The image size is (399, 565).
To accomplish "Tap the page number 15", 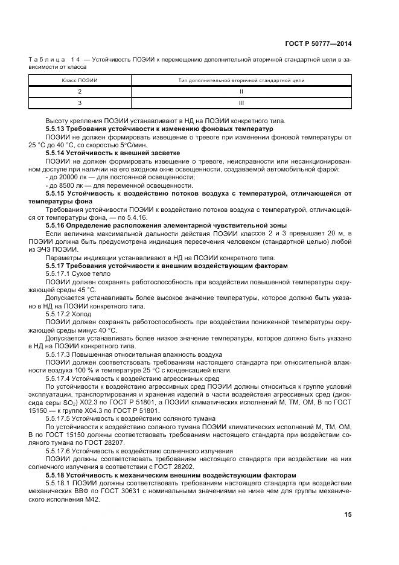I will point(348,514).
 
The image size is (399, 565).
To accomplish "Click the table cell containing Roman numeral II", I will point(241,92).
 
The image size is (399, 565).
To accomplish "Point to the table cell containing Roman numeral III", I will point(241,103).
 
